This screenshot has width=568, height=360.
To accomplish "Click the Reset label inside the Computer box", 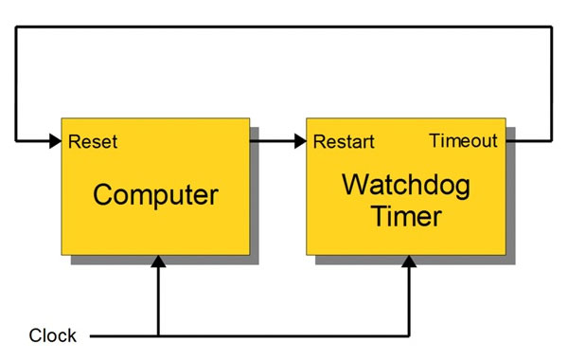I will tap(93, 142).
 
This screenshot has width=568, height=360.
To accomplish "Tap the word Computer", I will tap(155, 195).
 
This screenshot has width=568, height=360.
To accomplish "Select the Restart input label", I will tap(344, 142).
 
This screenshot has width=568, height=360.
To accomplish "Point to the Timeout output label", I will tap(463, 141).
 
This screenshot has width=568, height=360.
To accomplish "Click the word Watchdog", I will tap(406, 184).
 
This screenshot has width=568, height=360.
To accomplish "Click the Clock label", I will tap(53, 335).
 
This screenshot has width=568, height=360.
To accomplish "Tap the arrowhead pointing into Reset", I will tap(53, 141).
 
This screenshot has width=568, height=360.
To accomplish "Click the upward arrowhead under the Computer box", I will tap(158, 263).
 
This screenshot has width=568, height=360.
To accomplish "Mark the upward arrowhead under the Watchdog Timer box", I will tap(409, 263).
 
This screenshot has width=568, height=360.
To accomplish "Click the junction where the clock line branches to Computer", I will tap(158, 335).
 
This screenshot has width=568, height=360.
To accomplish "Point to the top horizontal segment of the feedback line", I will tap(284, 27).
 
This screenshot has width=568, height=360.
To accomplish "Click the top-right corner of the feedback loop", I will tap(552, 27).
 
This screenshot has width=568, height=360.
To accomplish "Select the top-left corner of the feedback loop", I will tap(16, 27).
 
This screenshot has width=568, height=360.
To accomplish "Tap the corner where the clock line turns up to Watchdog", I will tap(409, 335).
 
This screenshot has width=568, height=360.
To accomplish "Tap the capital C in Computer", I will tap(102, 195).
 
